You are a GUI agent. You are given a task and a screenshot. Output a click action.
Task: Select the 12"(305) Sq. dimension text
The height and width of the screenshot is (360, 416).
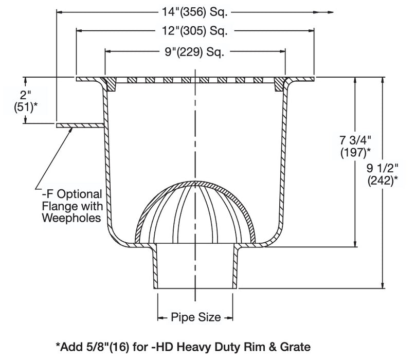point(195,31)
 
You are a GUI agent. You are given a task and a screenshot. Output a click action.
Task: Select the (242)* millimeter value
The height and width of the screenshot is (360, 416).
point(383,181)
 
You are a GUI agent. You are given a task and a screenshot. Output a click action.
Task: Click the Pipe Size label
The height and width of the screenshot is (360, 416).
point(196,317)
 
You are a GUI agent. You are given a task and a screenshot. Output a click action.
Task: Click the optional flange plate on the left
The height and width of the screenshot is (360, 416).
point(80,125)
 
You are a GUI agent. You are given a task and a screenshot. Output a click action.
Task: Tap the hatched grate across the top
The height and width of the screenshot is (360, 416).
point(195,80)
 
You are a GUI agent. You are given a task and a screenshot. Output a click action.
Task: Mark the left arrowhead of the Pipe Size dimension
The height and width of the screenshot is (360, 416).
point(160,317)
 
